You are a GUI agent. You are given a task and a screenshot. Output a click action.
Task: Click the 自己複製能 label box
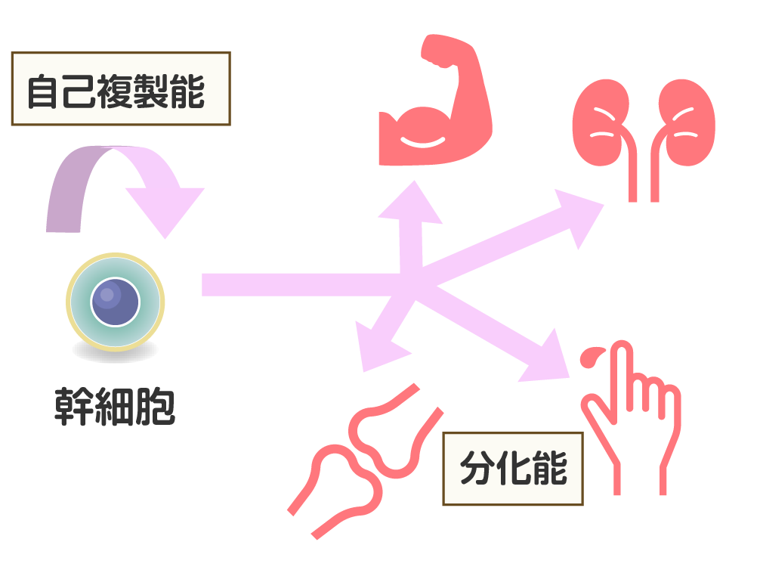coord(120,88)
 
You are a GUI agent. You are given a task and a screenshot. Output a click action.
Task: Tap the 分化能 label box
coord(512,469)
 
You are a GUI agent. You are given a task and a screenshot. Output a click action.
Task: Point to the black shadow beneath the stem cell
coord(115,351)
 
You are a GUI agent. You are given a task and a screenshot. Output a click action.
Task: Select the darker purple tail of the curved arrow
coord(64,197)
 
